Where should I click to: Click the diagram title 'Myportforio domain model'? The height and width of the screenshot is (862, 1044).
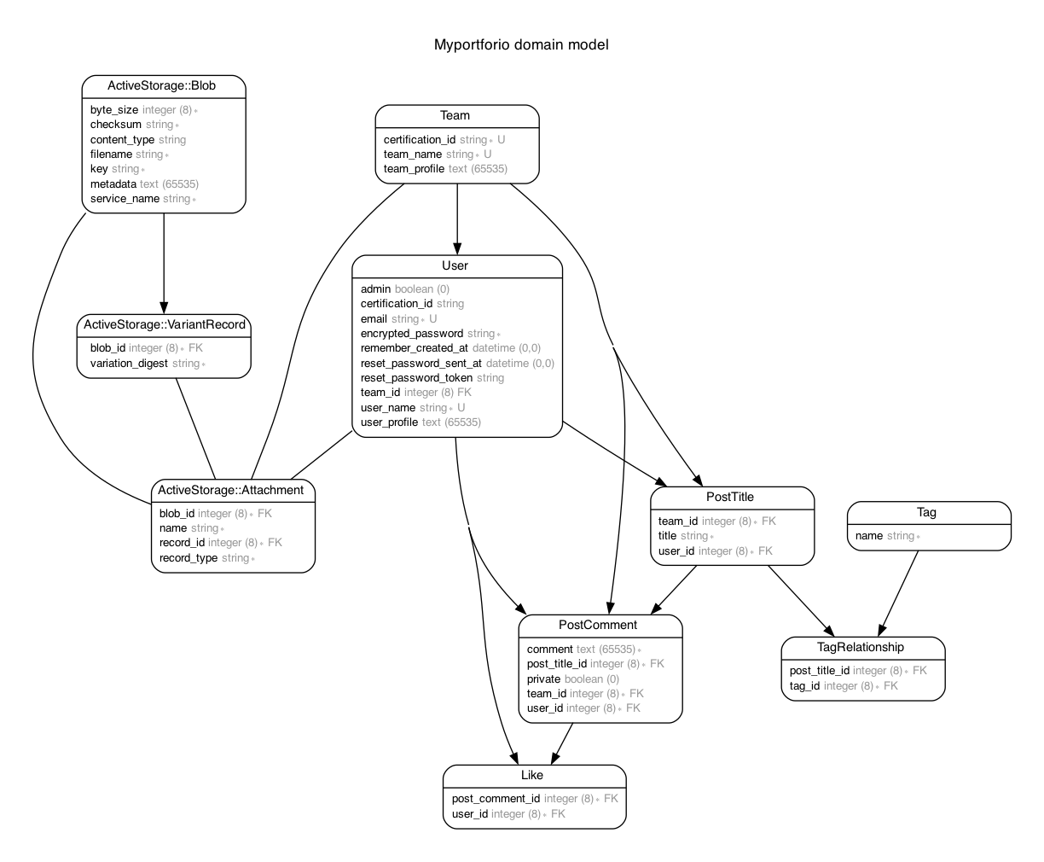521,44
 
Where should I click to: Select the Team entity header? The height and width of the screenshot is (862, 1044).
455,115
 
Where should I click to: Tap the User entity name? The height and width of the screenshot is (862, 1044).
455,265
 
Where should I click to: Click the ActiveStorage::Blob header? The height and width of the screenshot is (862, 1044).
162,85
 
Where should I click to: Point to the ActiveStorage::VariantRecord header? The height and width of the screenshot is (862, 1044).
165,324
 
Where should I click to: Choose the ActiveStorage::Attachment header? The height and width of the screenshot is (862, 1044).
231,490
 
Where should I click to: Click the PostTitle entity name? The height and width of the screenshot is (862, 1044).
730,497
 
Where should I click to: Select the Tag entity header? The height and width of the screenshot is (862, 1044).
927,512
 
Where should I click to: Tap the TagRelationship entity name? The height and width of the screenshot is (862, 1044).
861,647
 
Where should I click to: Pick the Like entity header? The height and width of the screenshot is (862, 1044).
532,775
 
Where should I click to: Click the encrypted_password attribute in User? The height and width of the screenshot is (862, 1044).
412,334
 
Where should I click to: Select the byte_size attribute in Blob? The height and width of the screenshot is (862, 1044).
114,110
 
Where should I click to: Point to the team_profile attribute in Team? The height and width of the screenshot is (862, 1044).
414,169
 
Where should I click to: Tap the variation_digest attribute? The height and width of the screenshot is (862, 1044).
130,364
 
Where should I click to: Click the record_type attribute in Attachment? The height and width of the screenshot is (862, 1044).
188,558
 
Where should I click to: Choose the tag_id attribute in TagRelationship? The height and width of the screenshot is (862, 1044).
804,686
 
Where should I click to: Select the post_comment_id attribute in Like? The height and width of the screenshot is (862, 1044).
496,799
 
